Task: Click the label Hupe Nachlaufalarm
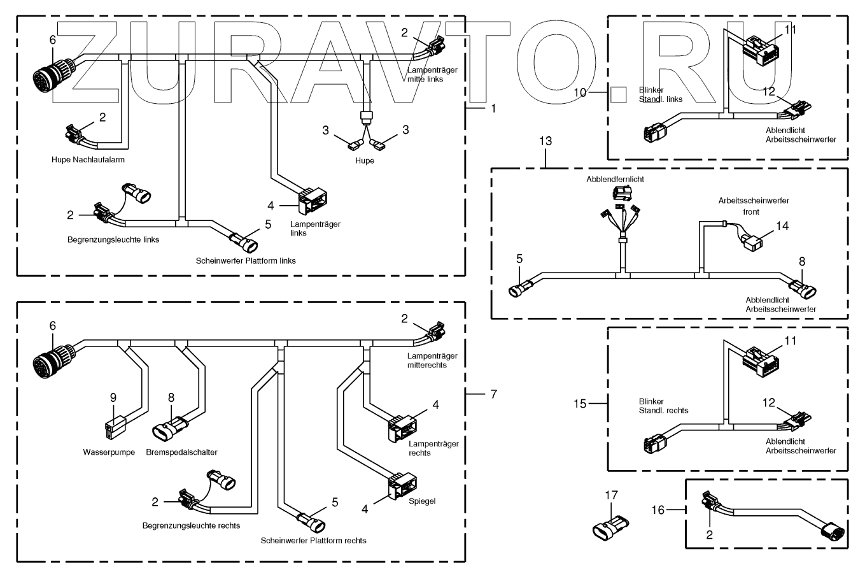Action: [x=88, y=160]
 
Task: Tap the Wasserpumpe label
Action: [x=109, y=452]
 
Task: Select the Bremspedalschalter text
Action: [x=181, y=452]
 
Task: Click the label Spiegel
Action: [x=423, y=501]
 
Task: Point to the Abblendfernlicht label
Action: [x=615, y=180]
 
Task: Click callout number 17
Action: [x=611, y=494]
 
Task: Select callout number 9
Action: [x=113, y=397]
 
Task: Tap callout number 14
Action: [x=782, y=225]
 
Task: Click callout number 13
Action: [x=546, y=141]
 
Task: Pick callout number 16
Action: [x=659, y=509]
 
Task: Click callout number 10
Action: [x=580, y=92]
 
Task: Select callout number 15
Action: [x=580, y=402]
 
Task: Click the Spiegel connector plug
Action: [x=402, y=486]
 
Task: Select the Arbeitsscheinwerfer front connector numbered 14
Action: [x=752, y=243]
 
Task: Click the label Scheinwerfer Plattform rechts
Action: [x=313, y=541]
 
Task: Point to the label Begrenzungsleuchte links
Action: [x=113, y=240]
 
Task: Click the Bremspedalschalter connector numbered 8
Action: [x=169, y=430]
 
